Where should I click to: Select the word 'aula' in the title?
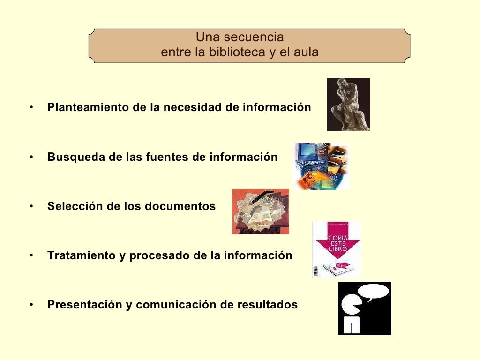coord(306,52)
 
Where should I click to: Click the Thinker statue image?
coord(348,105)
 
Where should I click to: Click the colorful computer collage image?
coord(322,166)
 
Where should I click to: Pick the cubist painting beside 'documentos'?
coord(261,211)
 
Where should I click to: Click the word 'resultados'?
coord(267,305)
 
